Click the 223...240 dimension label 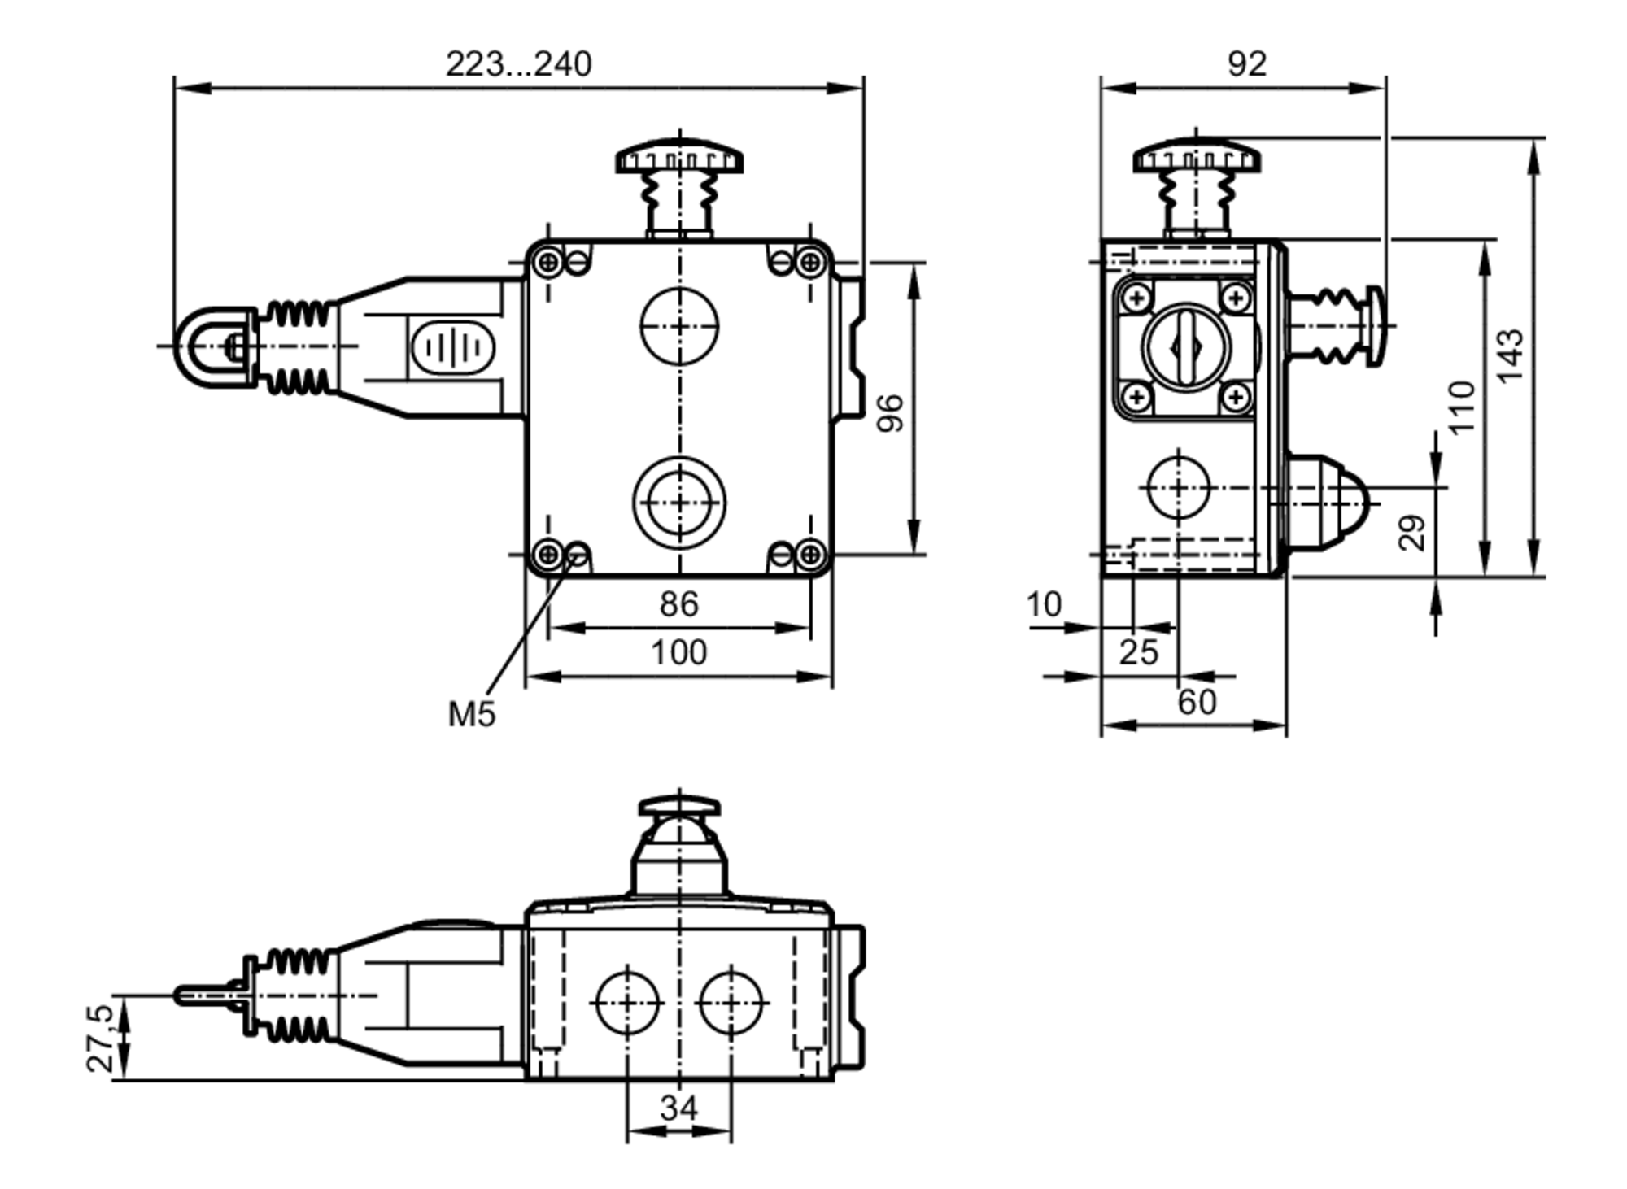(x=518, y=64)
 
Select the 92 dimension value (x=1246, y=64)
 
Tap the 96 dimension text (x=892, y=413)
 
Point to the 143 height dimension (x=1510, y=356)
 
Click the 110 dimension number (x=1461, y=407)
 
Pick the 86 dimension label (x=678, y=604)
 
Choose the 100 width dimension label (x=678, y=652)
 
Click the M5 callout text (x=471, y=714)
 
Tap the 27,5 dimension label (x=101, y=1038)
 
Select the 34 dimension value (x=678, y=1108)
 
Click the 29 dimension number (x=1413, y=533)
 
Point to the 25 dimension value (x=1137, y=652)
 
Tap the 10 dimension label (x=1044, y=605)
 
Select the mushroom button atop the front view (x=679, y=157)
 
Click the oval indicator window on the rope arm (x=452, y=348)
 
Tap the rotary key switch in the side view (x=1187, y=348)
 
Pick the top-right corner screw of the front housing (x=809, y=262)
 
